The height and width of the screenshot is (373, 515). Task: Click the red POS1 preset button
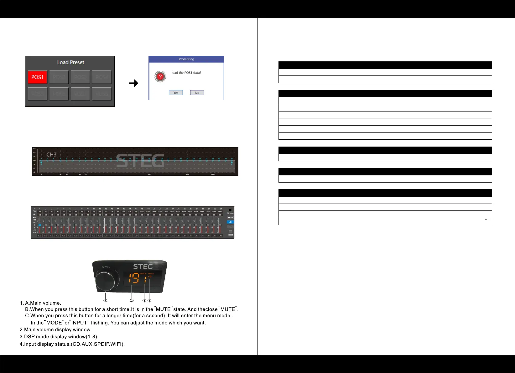38,77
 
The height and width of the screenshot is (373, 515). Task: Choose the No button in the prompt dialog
197,93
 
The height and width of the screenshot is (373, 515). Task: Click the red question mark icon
160,76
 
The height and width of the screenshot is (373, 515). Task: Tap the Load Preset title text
70,62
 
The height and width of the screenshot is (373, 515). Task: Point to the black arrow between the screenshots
134,83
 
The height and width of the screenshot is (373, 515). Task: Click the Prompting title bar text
186,59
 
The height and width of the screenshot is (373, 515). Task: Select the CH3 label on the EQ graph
51,155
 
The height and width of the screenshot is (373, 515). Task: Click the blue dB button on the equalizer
230,222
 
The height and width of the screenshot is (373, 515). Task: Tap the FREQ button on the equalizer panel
230,217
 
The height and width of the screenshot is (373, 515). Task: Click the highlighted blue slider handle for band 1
40,225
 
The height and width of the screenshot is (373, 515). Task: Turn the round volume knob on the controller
105,281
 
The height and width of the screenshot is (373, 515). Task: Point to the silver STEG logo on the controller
143,267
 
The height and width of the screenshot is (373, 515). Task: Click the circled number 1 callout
106,301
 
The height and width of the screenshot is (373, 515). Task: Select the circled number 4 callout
149,301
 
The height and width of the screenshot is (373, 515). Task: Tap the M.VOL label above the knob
106,267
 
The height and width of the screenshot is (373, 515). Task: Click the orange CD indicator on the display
150,277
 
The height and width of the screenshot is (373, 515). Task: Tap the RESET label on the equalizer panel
230,235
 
